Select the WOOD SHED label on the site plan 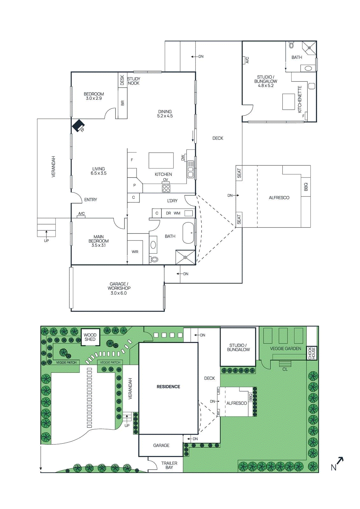tap(90, 337)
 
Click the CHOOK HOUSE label tap(312, 353)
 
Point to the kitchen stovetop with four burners tap(166, 188)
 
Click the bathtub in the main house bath tap(188, 233)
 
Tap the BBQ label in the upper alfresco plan tap(306, 187)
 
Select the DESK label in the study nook tap(122, 80)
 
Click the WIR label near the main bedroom tap(135, 252)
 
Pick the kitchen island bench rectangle tap(161, 160)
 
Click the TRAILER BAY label tap(169, 465)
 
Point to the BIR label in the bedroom tap(123, 103)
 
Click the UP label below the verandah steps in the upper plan tap(46, 241)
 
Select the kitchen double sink tap(190, 169)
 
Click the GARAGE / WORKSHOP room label tap(119, 288)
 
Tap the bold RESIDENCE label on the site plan tap(168, 387)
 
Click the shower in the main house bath tap(185, 257)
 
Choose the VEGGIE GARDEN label tap(286, 348)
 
